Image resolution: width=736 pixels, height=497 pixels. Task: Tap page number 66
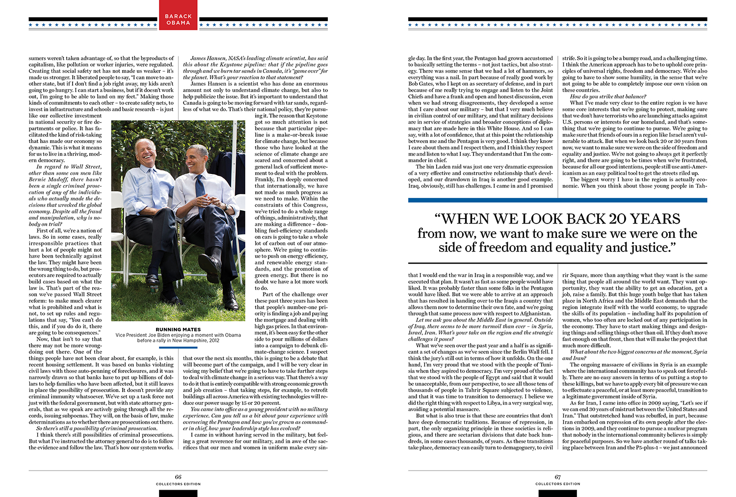[x=178, y=477]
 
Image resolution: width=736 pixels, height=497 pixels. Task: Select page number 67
[x=557, y=477]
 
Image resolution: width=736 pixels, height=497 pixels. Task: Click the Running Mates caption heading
[x=178, y=329]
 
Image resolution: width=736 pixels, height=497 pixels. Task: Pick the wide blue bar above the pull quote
[x=557, y=200]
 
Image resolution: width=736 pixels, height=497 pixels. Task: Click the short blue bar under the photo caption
[x=178, y=347]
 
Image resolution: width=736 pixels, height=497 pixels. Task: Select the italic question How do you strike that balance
[x=608, y=97]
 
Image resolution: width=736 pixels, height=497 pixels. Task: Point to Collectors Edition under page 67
[x=557, y=484]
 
